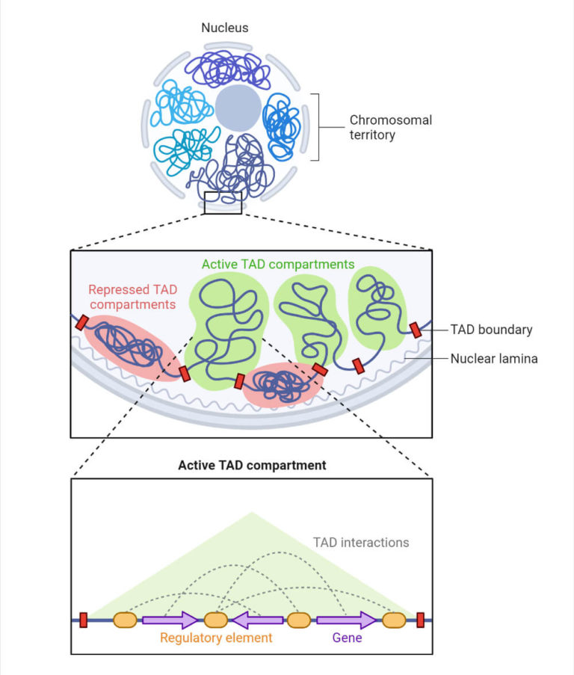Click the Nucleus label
coord(225,28)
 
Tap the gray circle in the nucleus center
coord(238,108)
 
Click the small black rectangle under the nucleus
coord(223,203)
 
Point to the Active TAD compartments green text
coord(278,265)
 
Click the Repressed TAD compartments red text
coord(132,297)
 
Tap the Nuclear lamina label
coord(494,359)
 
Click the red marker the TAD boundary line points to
coord(416,330)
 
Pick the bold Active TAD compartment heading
coord(252,465)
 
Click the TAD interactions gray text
coord(361,542)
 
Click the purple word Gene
coord(346,638)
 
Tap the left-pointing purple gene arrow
coord(256,620)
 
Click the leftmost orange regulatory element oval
coord(125,620)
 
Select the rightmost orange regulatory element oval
coord(393,620)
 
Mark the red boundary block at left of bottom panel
coord(84,620)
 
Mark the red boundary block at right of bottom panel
coord(421,620)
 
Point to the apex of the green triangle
coord(252,513)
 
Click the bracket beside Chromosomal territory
coord(318,127)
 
